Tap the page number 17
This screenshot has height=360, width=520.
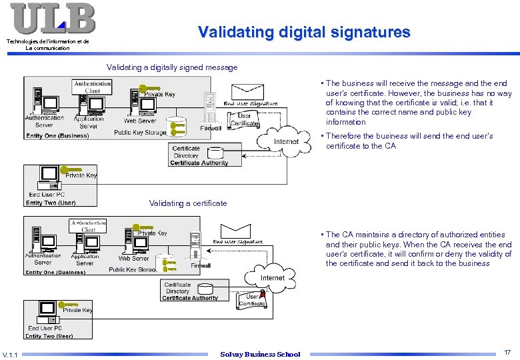pos(507,351)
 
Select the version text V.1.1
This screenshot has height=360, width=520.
pos(11,354)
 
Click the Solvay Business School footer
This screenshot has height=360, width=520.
pos(260,354)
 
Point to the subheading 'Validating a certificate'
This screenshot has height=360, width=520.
pos(188,203)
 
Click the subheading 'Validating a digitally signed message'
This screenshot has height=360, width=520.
pos(172,67)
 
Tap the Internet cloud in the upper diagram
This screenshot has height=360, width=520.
pos(287,142)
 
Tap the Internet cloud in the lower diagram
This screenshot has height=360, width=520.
pos(272,278)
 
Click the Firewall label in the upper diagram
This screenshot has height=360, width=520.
pos(211,128)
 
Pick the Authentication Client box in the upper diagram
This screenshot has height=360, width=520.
pos(93,87)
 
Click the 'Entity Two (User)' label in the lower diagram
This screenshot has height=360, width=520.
pos(49,336)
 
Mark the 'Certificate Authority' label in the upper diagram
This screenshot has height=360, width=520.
pos(199,163)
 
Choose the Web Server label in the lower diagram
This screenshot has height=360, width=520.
pos(134,258)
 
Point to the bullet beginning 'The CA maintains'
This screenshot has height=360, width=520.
pos(418,249)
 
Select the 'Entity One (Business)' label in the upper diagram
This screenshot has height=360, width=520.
pos(57,136)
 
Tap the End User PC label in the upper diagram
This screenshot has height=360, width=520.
pos(51,195)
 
